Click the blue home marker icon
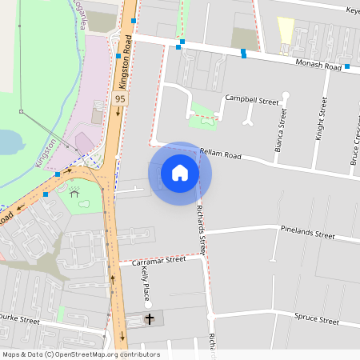[x=180, y=172]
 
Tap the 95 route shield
[x=120, y=98]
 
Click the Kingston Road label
[x=125, y=69]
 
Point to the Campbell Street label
[x=251, y=100]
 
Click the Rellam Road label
[x=220, y=154]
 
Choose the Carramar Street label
[x=158, y=261]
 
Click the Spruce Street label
[x=316, y=319]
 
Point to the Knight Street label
[x=321, y=118]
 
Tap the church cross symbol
[x=150, y=319]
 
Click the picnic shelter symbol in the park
[x=74, y=193]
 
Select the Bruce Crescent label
[x=354, y=144]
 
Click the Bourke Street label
[x=19, y=320]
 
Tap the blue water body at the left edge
[x=7, y=142]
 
